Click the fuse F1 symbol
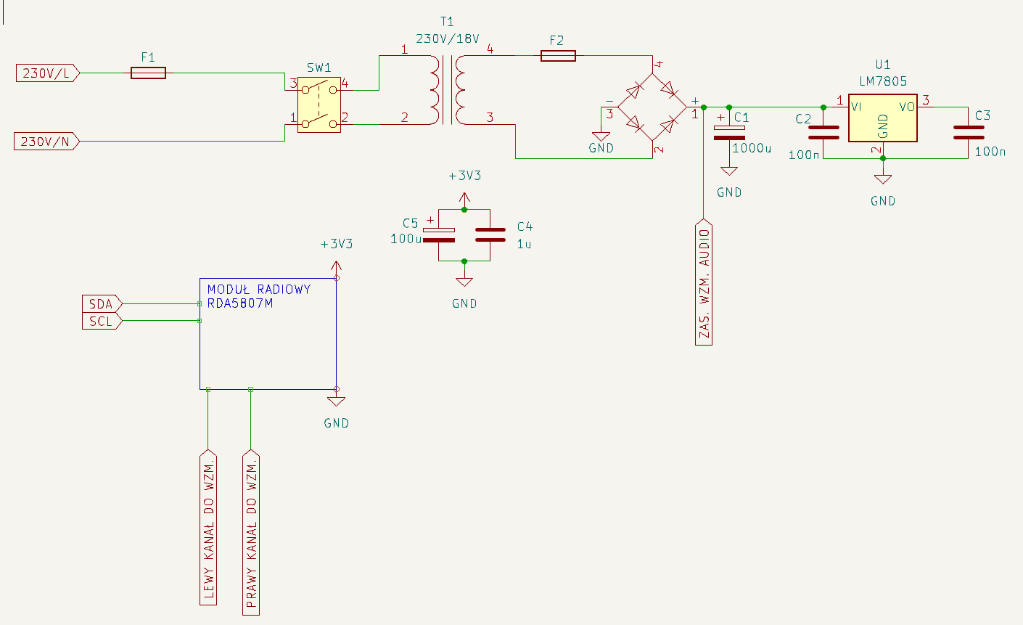tap(148, 73)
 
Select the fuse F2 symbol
tap(558, 56)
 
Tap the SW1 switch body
tap(319, 105)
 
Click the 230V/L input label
tap(47, 73)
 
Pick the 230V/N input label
tap(46, 141)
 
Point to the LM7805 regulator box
tap(882, 118)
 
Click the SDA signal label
tap(102, 304)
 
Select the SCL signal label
tap(102, 321)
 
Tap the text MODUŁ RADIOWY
tap(259, 289)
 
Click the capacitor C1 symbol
tap(729, 133)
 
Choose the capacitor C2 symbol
tap(823, 132)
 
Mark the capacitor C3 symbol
tap(968, 132)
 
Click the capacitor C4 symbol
tap(490, 235)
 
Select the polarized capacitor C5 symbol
tap(439, 235)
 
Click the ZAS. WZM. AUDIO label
tap(704, 282)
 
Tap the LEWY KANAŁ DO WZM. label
tap(208, 527)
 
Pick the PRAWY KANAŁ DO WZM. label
tap(251, 532)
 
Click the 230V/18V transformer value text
tap(447, 38)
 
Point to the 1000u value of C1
tap(752, 148)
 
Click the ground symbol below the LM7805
tap(883, 179)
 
